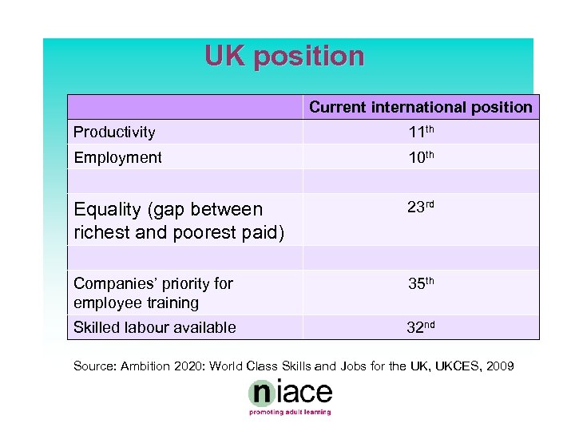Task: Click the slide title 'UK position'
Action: [x=284, y=56]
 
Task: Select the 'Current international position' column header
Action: [x=420, y=107]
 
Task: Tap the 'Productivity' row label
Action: [x=114, y=132]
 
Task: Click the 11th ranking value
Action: [x=421, y=132]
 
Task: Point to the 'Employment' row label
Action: [x=117, y=158]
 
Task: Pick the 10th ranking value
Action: [x=421, y=157]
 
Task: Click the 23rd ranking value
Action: [x=421, y=208]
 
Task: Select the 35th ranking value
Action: [x=421, y=284]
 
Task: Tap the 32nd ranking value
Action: [x=421, y=326]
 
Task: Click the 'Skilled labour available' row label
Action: [x=154, y=327]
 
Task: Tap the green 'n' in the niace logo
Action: [x=261, y=393]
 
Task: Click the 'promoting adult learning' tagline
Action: [x=289, y=413]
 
